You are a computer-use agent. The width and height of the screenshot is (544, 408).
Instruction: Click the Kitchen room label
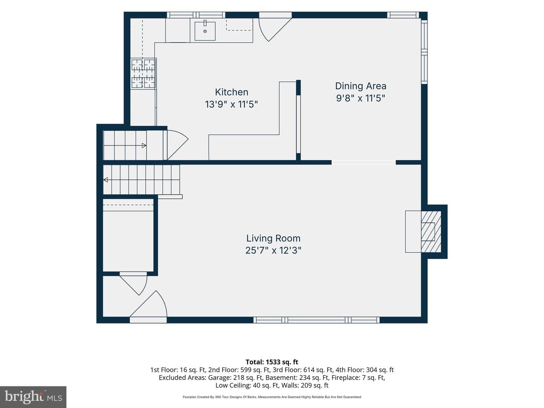232,92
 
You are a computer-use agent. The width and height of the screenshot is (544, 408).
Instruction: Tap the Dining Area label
361,86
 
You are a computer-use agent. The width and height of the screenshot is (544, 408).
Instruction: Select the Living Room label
273,238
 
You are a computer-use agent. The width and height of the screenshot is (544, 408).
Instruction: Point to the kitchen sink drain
205,31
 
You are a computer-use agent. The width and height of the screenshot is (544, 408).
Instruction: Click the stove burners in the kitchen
143,73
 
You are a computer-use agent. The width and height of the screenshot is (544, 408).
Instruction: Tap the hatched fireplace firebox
431,232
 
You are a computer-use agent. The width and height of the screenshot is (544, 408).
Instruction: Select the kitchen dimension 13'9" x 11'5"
232,104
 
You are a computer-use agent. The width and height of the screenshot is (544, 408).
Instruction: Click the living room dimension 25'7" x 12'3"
273,250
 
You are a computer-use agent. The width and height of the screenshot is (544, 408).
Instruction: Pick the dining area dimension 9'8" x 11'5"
361,98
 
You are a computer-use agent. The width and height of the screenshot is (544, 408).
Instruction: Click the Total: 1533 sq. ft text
272,362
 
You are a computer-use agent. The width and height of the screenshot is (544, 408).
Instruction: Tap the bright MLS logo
33,397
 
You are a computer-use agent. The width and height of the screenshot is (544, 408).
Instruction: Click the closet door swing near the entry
134,285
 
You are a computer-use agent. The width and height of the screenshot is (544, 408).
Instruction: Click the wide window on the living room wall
317,320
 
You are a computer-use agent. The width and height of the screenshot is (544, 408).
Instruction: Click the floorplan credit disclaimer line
272,397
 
